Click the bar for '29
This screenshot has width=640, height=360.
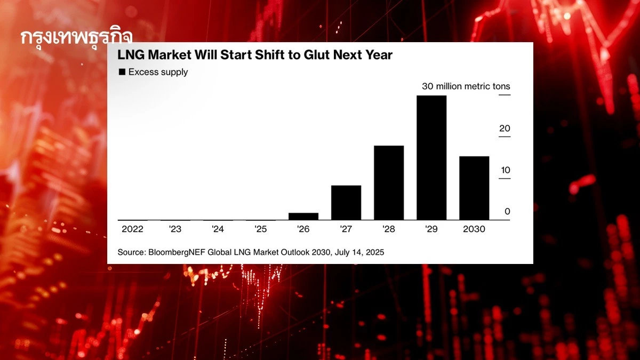tap(431, 158)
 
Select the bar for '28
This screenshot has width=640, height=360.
tap(388, 182)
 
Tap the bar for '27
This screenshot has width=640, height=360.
tap(346, 203)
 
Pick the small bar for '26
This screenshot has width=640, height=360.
tap(303, 216)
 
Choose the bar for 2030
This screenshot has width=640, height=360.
tap(474, 188)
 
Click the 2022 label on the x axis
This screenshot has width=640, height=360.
tap(132, 229)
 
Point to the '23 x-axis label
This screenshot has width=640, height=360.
tap(175, 229)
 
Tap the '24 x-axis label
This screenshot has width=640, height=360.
tap(218, 229)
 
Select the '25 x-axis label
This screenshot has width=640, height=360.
tap(260, 229)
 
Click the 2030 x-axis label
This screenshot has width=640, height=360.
tap(474, 229)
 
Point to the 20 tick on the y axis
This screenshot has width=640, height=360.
tap(505, 129)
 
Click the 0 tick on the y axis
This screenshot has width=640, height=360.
tap(507, 212)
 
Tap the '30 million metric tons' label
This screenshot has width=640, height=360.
tap(466, 86)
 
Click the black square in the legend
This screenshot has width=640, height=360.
tap(122, 72)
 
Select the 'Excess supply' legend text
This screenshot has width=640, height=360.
tap(158, 72)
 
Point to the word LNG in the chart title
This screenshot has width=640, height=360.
tap(130, 55)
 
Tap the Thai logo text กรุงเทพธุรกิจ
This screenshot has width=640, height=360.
tap(76, 38)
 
